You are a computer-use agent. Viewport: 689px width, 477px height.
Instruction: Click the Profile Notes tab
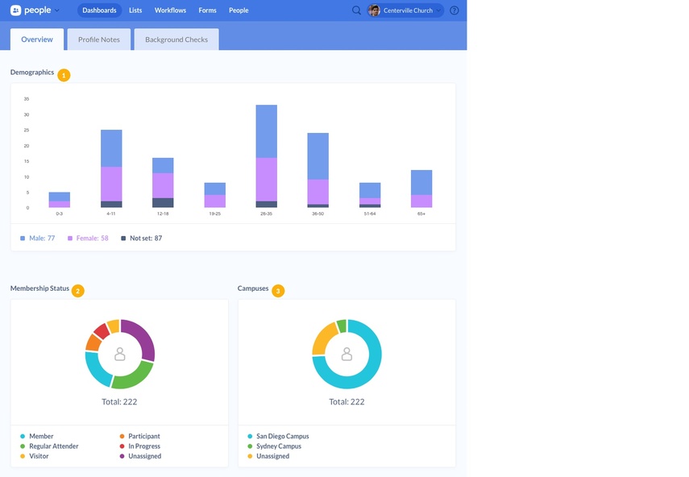click(99, 39)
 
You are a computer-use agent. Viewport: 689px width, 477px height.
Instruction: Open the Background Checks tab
click(176, 39)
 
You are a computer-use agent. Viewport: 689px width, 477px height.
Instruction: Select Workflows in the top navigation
click(170, 10)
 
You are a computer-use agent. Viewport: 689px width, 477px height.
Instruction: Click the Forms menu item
click(207, 10)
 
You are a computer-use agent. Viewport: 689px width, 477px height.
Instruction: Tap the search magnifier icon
click(357, 10)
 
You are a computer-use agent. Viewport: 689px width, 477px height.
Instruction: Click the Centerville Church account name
click(408, 10)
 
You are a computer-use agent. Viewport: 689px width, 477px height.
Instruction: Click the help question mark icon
click(454, 10)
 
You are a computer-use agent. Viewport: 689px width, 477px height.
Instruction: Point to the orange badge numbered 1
click(64, 75)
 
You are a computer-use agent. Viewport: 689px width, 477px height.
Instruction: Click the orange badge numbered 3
click(278, 291)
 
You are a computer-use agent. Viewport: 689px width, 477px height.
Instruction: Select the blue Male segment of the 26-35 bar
click(267, 131)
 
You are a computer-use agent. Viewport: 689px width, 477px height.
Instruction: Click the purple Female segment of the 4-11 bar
click(111, 184)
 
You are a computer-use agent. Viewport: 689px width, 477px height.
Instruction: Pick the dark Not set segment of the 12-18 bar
click(163, 203)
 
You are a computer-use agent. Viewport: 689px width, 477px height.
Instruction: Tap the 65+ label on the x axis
click(421, 214)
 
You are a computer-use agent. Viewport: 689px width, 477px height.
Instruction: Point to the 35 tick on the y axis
click(27, 99)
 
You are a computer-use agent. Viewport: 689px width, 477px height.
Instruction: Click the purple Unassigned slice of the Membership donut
click(140, 338)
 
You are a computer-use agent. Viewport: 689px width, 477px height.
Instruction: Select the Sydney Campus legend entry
click(278, 446)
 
